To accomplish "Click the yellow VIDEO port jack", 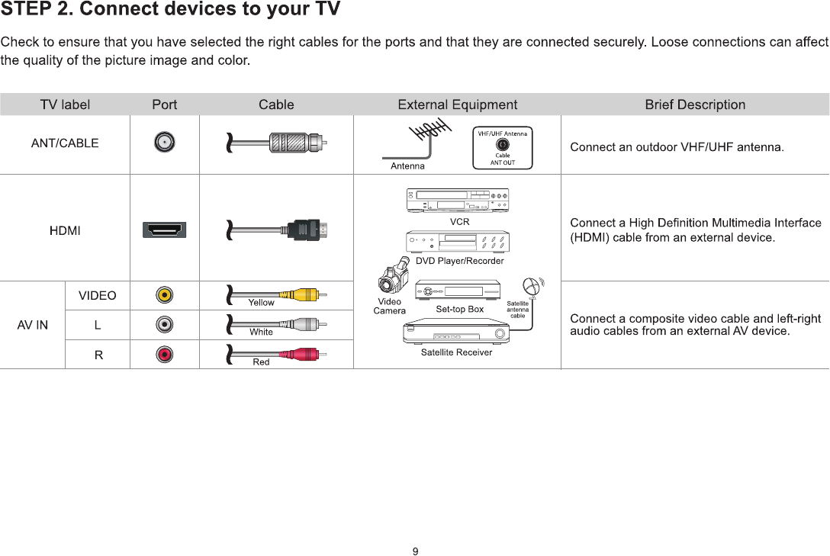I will (164, 295).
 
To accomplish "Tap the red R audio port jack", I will (164, 354).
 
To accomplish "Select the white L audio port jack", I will (164, 325).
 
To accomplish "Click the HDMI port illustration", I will (164, 230).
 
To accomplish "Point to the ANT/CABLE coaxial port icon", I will (164, 143).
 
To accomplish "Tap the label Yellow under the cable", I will (261, 303).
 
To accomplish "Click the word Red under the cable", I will (261, 362).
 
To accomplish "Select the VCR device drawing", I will (458, 201).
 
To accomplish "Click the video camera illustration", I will (394, 278).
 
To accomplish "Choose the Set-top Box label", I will (459, 310).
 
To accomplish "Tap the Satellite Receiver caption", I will (456, 352).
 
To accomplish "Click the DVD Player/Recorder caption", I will (459, 261).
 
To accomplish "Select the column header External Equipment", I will (457, 104).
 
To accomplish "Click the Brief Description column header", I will (695, 104).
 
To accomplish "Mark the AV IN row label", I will (32, 325).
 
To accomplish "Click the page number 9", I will (415, 551).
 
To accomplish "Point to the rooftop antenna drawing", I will (427, 141).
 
